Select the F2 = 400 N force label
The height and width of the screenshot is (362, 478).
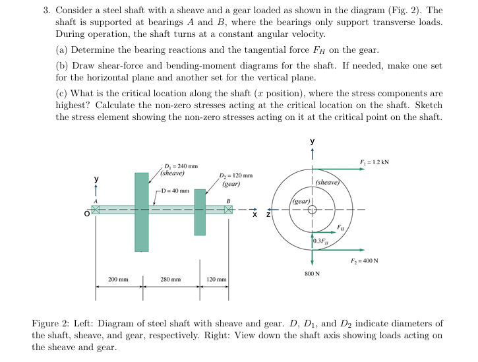(378, 259)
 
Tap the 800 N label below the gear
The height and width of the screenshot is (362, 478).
(313, 273)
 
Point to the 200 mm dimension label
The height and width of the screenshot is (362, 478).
(118, 280)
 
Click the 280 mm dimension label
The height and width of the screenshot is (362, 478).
(171, 280)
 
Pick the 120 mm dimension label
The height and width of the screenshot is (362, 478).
(216, 280)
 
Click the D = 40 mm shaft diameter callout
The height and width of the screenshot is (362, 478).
(176, 191)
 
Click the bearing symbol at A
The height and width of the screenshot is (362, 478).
(96, 210)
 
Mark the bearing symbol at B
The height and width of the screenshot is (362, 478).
(228, 210)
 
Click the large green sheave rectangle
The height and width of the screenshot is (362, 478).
(141, 212)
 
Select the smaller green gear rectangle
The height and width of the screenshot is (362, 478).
(200, 212)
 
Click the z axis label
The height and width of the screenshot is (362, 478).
(268, 214)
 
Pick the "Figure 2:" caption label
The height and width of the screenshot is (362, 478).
(50, 324)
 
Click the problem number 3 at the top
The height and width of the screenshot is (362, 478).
(46, 11)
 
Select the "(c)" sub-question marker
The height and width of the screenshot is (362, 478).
(62, 94)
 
